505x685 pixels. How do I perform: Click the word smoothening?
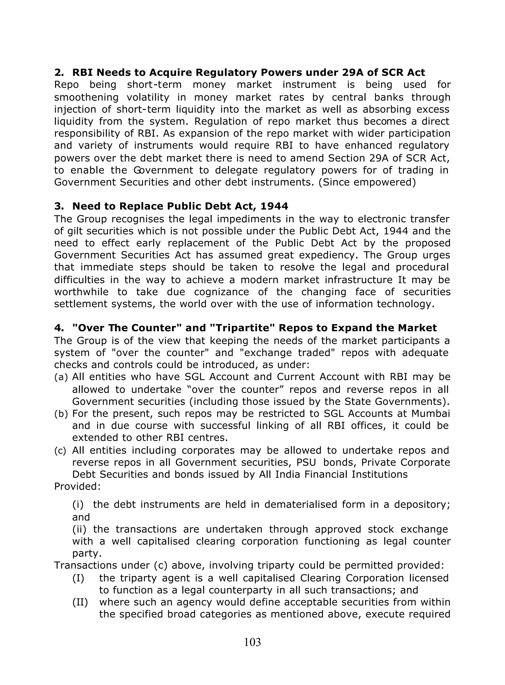point(87,97)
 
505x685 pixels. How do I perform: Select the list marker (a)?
point(61,377)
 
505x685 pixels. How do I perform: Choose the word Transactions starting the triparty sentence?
point(85,565)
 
